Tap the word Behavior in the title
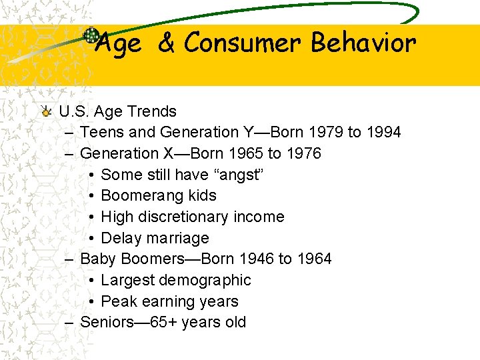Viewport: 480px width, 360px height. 363,43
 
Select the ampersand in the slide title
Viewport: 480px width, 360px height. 166,43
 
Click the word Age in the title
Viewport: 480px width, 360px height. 118,44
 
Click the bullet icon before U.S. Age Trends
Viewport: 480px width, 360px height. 45,111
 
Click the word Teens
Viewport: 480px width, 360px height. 100,132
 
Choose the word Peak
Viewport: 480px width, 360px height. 118,301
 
